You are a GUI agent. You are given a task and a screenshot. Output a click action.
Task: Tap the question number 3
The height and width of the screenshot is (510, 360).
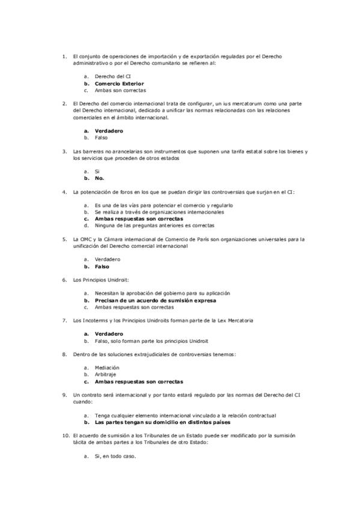pyautogui.click(x=64, y=152)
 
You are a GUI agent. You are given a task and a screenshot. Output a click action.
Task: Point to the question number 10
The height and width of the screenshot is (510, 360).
pyautogui.click(x=66, y=435)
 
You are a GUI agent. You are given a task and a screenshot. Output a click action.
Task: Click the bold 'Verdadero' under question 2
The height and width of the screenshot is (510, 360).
pyautogui.click(x=109, y=131)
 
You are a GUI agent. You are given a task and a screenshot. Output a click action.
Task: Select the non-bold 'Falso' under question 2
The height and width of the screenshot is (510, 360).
pyautogui.click(x=102, y=138)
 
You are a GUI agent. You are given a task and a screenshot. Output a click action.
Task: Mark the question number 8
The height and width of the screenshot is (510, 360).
pyautogui.click(x=64, y=354)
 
